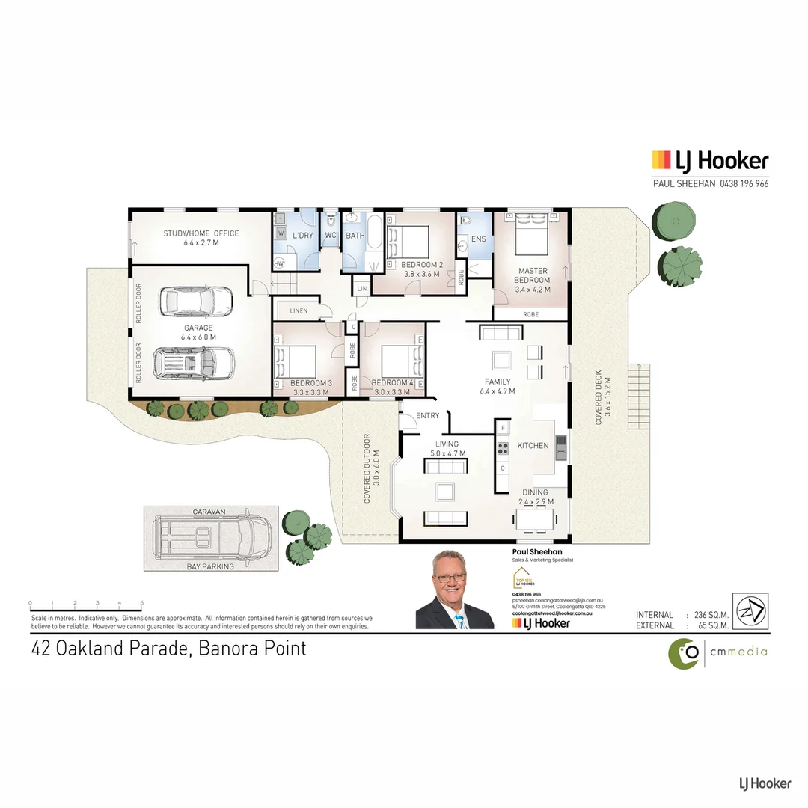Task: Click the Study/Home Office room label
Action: [201, 233]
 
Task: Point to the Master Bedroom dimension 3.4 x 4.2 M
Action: [532, 290]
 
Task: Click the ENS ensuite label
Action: [478, 239]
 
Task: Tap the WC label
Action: [330, 236]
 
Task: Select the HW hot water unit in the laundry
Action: [279, 263]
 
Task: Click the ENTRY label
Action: [428, 416]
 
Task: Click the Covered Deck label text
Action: [599, 397]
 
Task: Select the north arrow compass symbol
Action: [750, 611]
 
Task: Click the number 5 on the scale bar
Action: [141, 603]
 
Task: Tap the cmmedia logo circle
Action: [683, 653]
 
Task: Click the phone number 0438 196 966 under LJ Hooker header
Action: [744, 183]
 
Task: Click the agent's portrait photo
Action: [454, 590]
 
